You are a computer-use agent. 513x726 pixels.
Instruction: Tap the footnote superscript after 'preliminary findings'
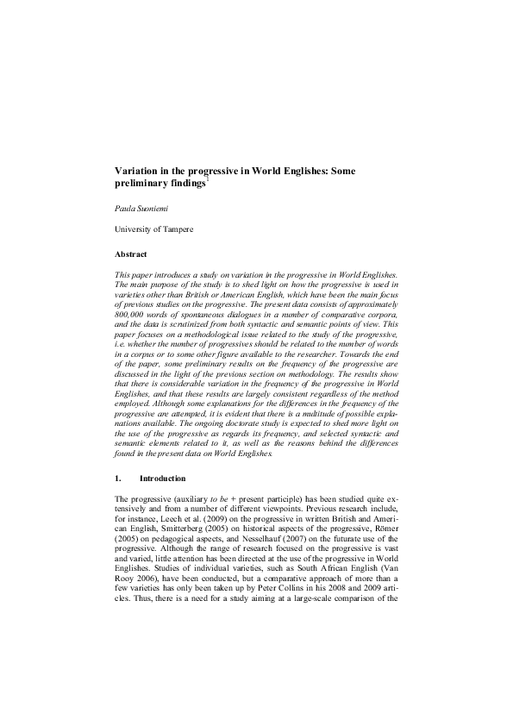(x=208, y=179)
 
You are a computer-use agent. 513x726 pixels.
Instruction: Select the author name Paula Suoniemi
(x=140, y=208)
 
